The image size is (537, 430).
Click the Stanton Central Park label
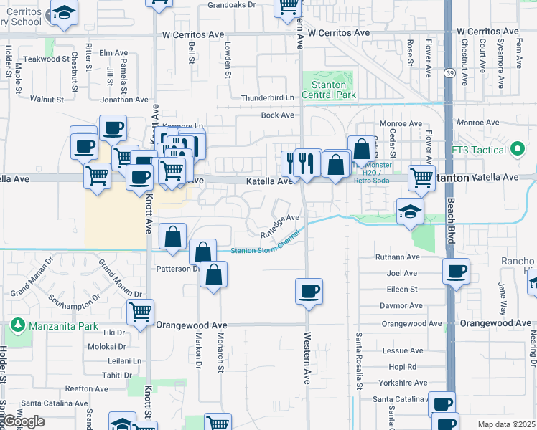(329, 89)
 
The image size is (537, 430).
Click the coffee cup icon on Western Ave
(309, 291)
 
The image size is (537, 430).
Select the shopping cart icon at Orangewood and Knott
(140, 312)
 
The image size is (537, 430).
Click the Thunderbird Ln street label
(268, 97)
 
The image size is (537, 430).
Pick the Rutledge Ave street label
(279, 226)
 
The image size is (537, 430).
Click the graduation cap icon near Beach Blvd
(410, 211)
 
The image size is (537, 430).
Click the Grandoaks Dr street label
(231, 4)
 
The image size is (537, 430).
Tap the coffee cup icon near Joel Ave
(455, 272)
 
